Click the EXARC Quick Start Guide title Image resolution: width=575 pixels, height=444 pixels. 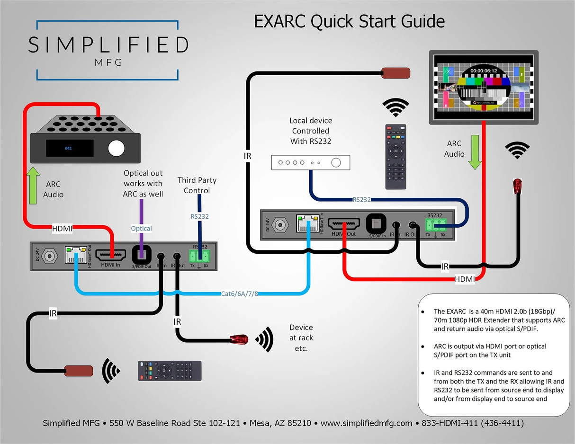350,21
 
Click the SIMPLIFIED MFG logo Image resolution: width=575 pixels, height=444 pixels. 108,50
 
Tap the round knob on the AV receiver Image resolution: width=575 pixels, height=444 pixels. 116,148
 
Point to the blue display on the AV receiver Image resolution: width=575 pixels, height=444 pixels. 69,148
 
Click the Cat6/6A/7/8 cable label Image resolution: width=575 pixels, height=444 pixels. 240,293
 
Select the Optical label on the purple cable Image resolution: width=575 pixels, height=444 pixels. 141,229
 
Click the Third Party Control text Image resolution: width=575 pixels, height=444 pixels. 197,185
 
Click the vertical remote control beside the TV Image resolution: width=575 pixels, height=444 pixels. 396,157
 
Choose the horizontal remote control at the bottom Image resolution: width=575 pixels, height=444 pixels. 170,370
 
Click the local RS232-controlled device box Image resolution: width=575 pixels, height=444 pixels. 310,162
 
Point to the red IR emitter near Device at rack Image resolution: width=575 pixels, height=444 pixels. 240,339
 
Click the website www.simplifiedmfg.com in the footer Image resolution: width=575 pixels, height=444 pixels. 366,423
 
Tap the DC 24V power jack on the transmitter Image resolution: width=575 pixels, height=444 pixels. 48,257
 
